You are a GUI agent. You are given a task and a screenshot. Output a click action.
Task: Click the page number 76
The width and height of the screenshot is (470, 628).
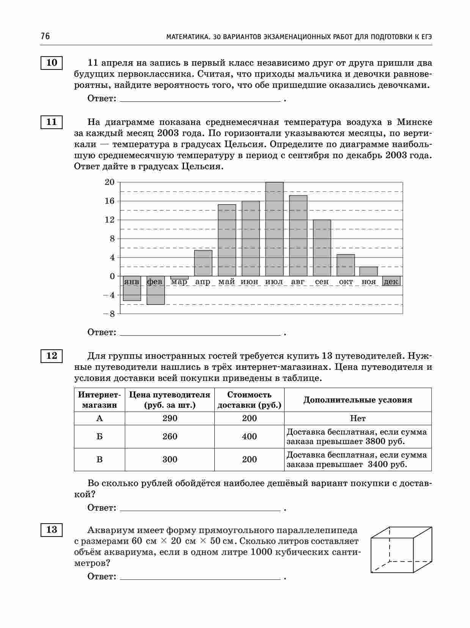coord(45,36)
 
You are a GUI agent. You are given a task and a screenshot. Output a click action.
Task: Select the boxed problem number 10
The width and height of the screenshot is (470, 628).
coord(52,63)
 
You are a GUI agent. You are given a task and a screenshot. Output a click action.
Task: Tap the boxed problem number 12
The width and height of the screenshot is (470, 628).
coord(52,356)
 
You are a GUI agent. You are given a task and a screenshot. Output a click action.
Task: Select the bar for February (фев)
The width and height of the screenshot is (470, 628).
coord(156,290)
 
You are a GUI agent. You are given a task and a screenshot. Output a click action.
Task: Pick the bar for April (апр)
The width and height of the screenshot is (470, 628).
coord(203,263)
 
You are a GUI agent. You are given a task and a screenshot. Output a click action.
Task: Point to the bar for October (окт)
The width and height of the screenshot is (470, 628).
coord(346,265)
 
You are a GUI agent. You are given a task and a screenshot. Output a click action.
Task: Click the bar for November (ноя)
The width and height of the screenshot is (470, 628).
coord(369,271)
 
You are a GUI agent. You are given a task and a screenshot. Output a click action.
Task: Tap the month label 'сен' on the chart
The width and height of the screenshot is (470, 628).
coord(322,282)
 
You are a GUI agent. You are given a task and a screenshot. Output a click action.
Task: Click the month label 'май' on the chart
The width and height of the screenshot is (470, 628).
coord(226,282)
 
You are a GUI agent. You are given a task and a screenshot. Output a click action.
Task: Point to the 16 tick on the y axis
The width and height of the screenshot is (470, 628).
coord(109,201)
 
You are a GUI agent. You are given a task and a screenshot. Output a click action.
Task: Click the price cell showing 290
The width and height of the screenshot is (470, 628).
coord(170,418)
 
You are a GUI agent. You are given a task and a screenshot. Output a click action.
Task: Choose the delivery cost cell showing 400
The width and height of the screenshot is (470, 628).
coord(249,437)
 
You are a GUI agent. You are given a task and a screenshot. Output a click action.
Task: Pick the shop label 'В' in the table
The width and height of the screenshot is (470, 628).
coord(99,460)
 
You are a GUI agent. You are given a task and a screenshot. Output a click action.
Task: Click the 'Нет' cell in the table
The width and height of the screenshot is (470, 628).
coord(358,418)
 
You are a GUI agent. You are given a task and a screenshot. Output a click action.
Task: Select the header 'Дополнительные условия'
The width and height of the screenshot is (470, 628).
coord(357,400)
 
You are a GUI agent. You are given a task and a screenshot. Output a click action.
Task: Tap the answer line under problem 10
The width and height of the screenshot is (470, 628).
coord(200,101)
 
